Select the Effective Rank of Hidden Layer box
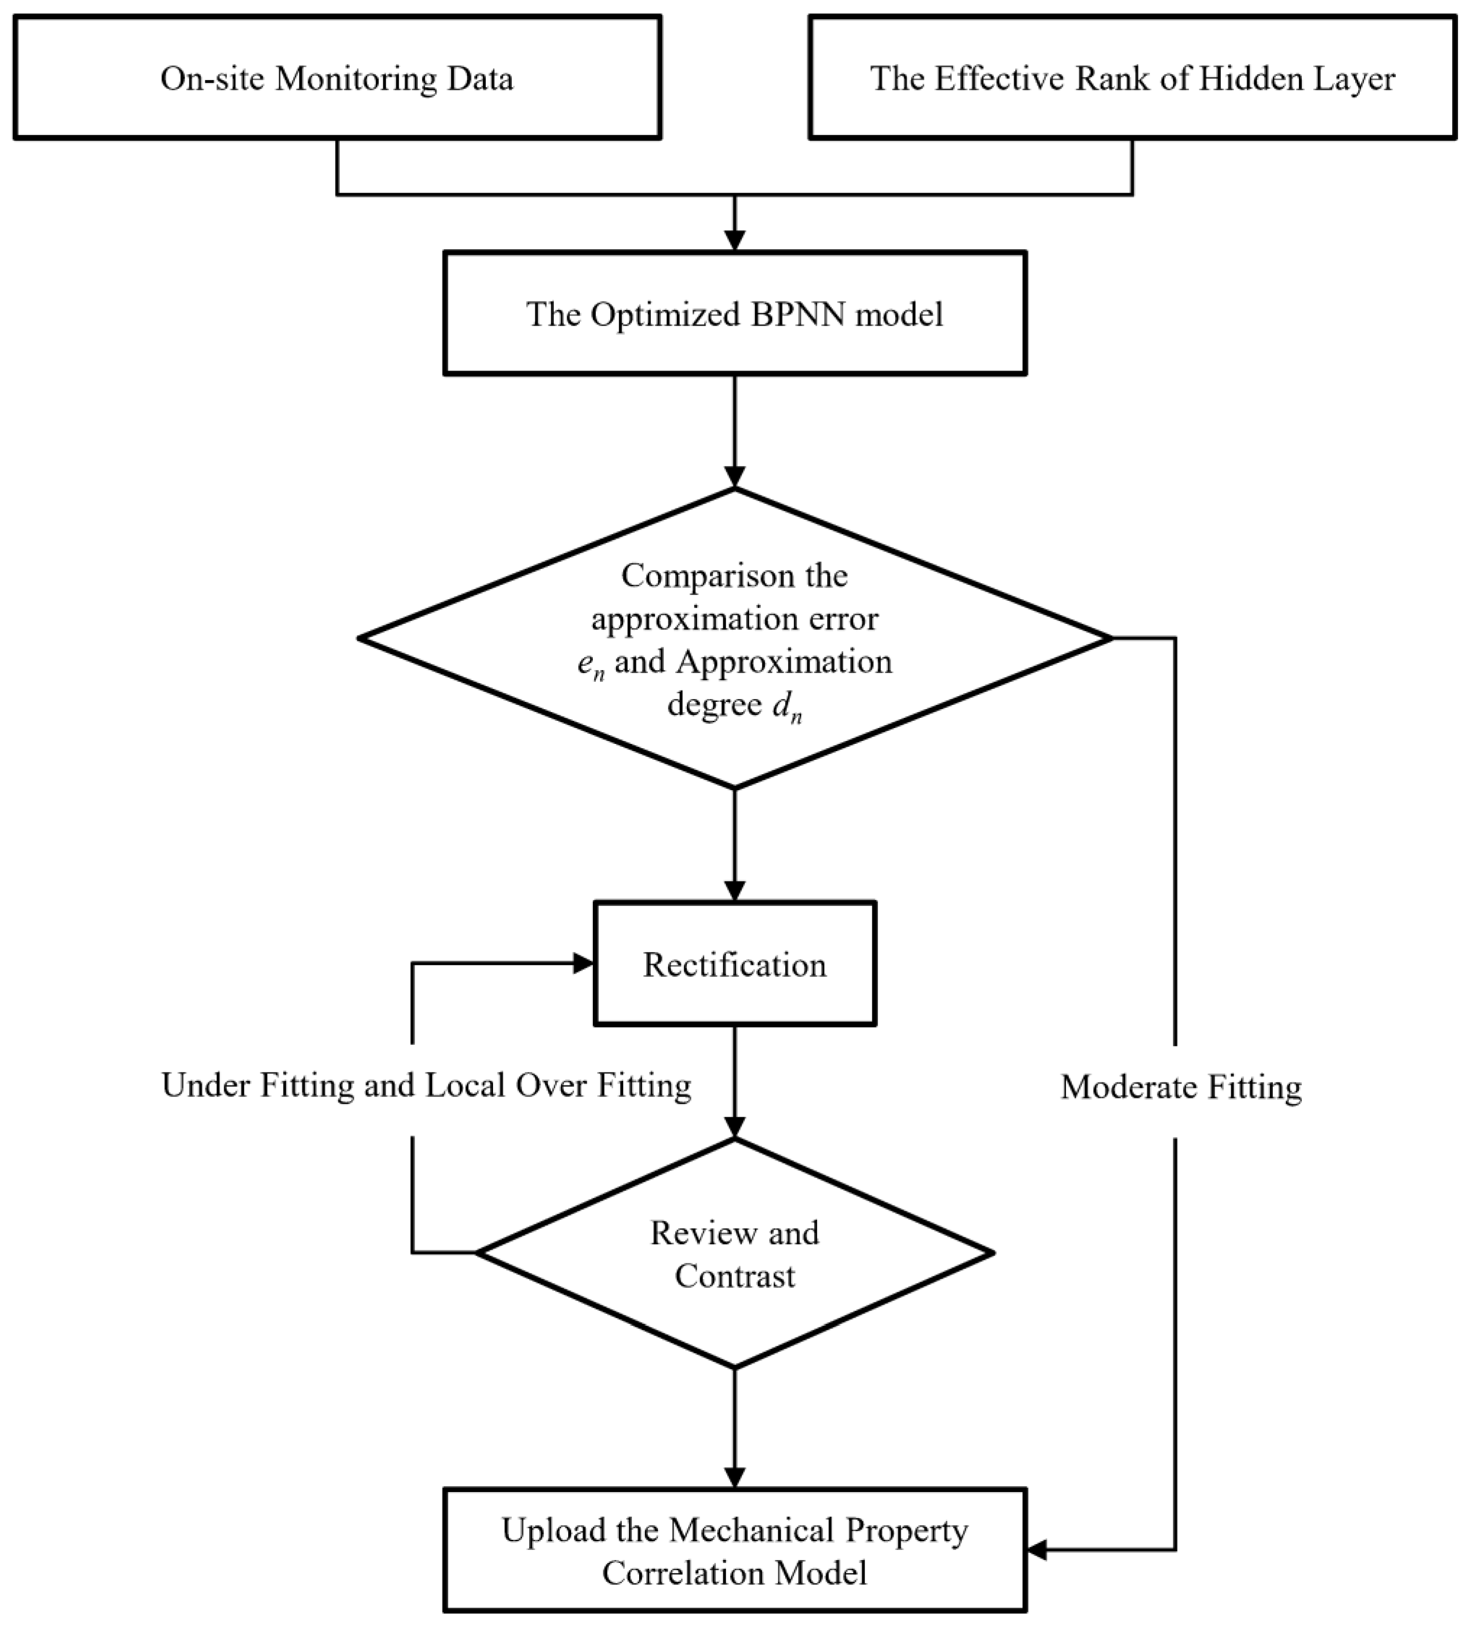click(x=1132, y=78)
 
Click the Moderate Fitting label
click(x=1180, y=1087)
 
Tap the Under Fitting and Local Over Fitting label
click(x=426, y=1085)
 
